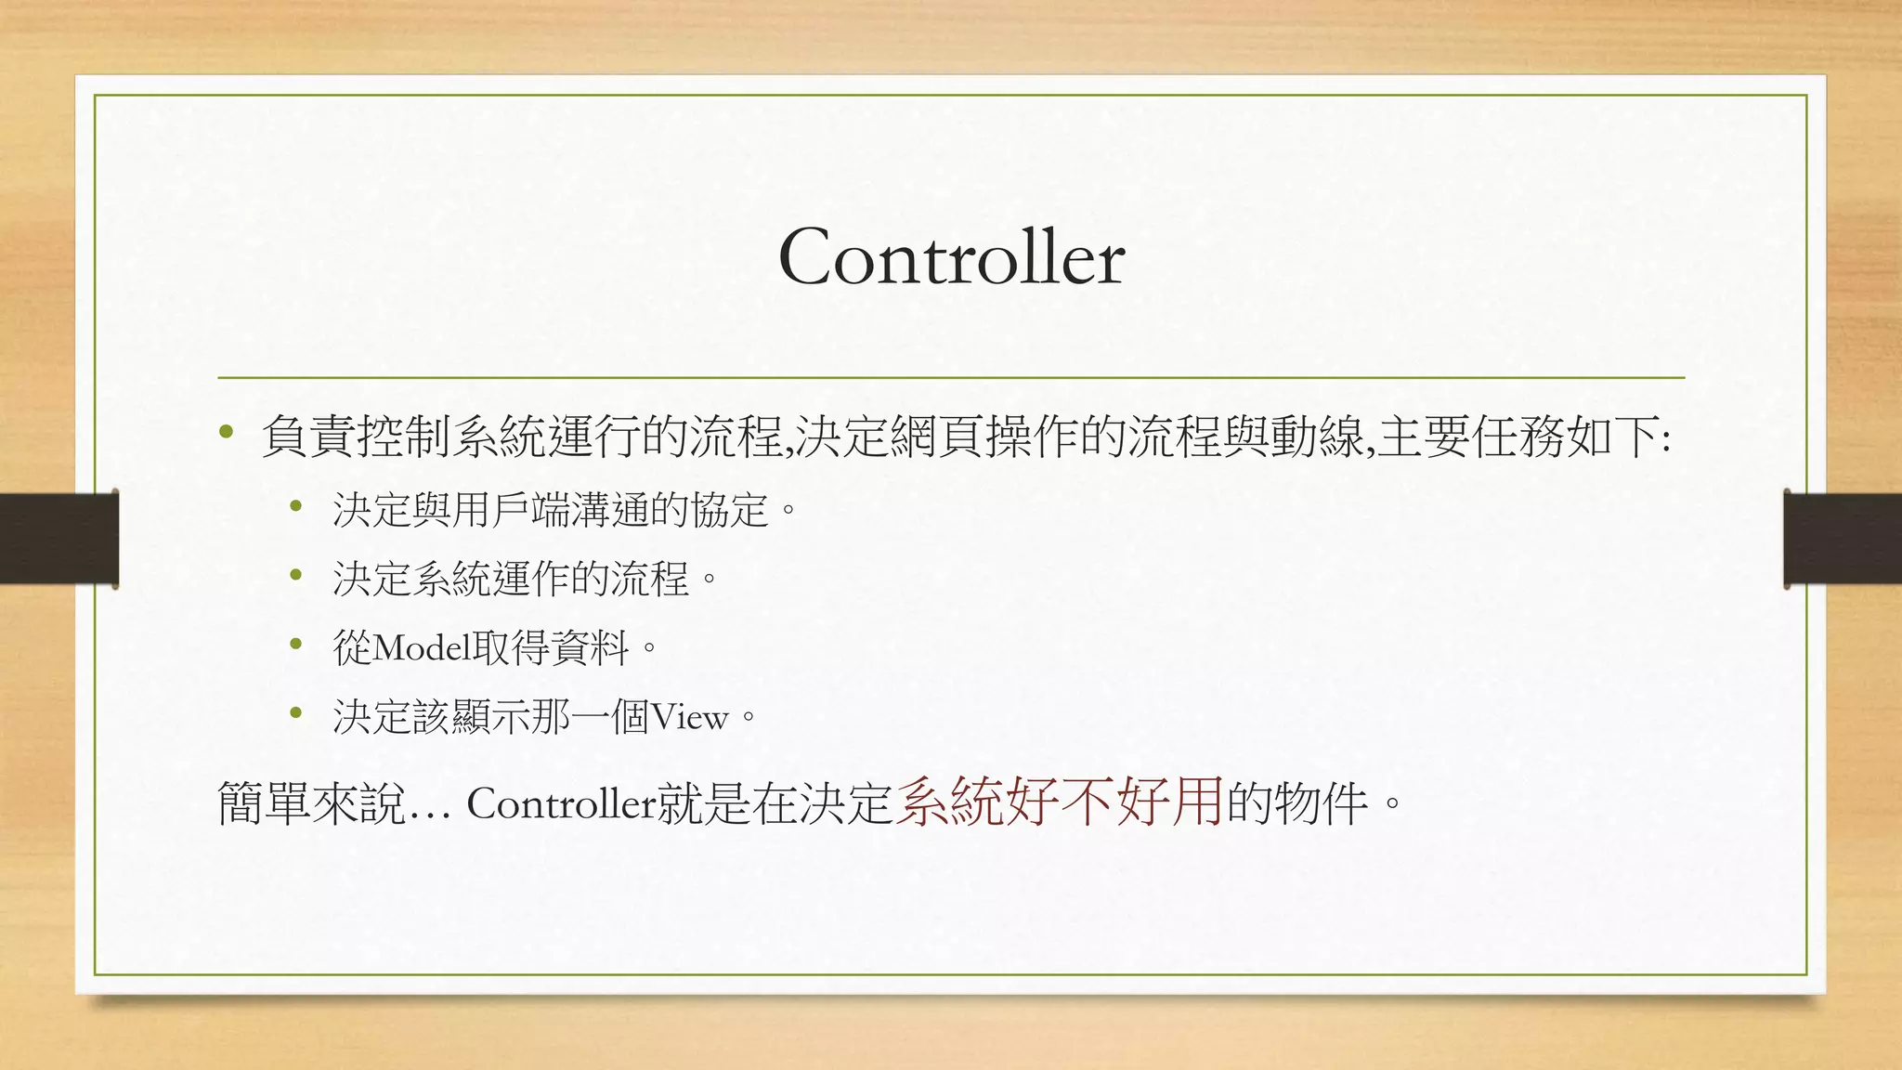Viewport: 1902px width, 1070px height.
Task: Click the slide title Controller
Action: pyautogui.click(x=951, y=258)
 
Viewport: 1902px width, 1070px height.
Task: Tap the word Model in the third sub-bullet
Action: pyautogui.click(x=422, y=647)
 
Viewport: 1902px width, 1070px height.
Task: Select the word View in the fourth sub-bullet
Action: pyautogui.click(x=689, y=717)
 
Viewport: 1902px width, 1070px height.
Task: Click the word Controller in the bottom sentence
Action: pyautogui.click(x=561, y=803)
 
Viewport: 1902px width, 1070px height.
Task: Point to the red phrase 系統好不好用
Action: pyautogui.click(x=1059, y=802)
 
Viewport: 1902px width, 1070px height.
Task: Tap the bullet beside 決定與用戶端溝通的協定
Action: pyautogui.click(x=296, y=506)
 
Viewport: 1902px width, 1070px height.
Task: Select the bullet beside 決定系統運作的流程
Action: pyautogui.click(x=296, y=575)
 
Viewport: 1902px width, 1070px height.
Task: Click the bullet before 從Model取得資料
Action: pyautogui.click(x=296, y=644)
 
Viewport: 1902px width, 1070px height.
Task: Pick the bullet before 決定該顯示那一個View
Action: pyautogui.click(x=296, y=712)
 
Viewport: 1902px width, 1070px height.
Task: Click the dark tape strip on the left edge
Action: pyautogui.click(x=59, y=539)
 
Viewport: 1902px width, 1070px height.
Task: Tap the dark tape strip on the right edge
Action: pyautogui.click(x=1843, y=539)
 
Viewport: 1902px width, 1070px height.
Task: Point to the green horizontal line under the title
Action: pyautogui.click(x=951, y=378)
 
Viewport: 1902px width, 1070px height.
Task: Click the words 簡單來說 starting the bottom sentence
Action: pyautogui.click(x=311, y=803)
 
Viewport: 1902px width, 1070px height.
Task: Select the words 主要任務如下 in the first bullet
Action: pyautogui.click(x=1518, y=437)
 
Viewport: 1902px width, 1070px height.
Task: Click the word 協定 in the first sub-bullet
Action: pyautogui.click(x=730, y=510)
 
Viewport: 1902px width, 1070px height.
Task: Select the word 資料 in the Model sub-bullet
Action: pyautogui.click(x=589, y=647)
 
